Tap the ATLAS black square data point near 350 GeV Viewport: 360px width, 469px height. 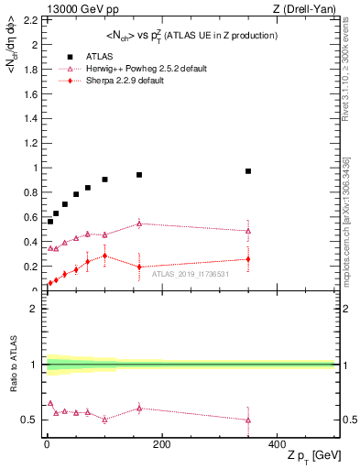(x=248, y=171)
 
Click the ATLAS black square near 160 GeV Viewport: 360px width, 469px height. (x=139, y=175)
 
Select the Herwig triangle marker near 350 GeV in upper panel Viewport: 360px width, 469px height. (x=248, y=231)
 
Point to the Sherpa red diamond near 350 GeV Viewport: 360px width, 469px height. (x=248, y=259)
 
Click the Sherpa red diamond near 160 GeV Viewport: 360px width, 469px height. (x=139, y=267)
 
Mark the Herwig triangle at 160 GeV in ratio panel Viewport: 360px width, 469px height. (x=139, y=409)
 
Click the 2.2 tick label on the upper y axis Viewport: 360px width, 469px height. (x=31, y=19)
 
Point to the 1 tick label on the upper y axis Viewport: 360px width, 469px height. (x=35, y=168)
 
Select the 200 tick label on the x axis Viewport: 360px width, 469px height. (x=161, y=444)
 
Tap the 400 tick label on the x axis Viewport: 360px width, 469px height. (x=277, y=444)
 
